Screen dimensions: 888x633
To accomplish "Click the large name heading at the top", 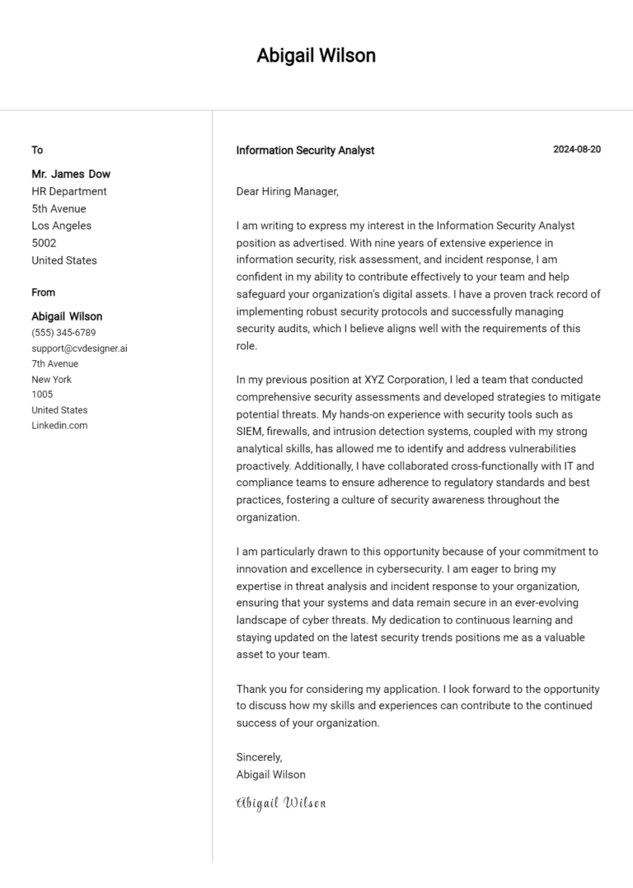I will pos(316,55).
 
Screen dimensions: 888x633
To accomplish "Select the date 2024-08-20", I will pos(577,149).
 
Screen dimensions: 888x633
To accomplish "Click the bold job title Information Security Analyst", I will pos(305,150).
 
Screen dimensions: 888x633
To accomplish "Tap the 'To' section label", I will pos(37,150).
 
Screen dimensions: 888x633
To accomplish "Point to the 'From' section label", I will pos(44,292).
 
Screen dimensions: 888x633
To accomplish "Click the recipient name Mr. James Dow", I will pos(71,174).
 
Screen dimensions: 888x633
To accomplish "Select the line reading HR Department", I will pos(69,191).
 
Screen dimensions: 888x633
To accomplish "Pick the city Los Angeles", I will pos(62,226).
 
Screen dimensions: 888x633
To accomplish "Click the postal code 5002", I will pos(44,243).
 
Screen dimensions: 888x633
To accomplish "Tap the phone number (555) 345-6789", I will pos(63,333).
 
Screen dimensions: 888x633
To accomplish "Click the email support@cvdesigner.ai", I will pos(79,348).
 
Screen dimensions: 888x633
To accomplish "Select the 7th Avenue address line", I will pos(55,363).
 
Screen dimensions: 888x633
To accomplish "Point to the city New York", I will pos(51,379).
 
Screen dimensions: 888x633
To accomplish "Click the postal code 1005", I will pos(42,395).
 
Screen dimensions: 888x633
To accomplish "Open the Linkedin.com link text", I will pos(59,425).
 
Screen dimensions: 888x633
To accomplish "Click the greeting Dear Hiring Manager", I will pos(287,191).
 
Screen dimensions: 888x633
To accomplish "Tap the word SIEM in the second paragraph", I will pos(250,431).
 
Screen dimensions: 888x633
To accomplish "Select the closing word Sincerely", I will pos(259,757).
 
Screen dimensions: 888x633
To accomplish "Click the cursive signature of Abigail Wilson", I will pos(281,802).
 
